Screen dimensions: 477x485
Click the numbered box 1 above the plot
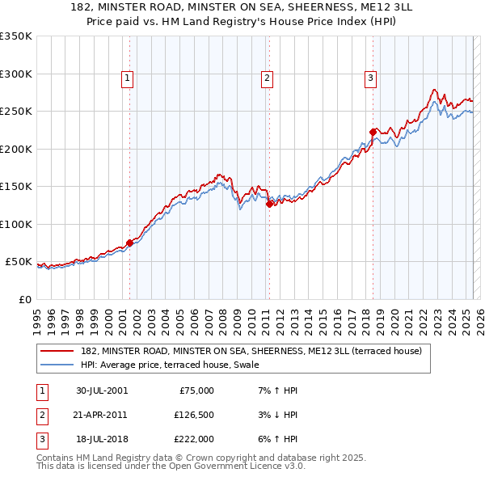[x=129, y=78]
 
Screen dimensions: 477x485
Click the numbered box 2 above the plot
[x=267, y=78]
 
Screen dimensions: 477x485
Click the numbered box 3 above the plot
[x=370, y=78]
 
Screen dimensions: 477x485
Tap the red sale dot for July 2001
[x=129, y=243]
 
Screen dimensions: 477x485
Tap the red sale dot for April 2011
[x=269, y=204]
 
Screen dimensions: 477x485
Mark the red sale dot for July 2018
[x=373, y=132]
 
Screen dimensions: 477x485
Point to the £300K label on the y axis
[x=15, y=74]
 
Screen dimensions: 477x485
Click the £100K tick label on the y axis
[x=15, y=224]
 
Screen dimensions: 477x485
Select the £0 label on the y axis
[x=24, y=299]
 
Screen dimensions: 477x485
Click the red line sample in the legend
[x=57, y=352]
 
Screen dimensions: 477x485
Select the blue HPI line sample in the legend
[x=57, y=365]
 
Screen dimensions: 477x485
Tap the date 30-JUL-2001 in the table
[x=102, y=390]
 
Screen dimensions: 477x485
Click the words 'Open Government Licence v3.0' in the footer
[x=235, y=466]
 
